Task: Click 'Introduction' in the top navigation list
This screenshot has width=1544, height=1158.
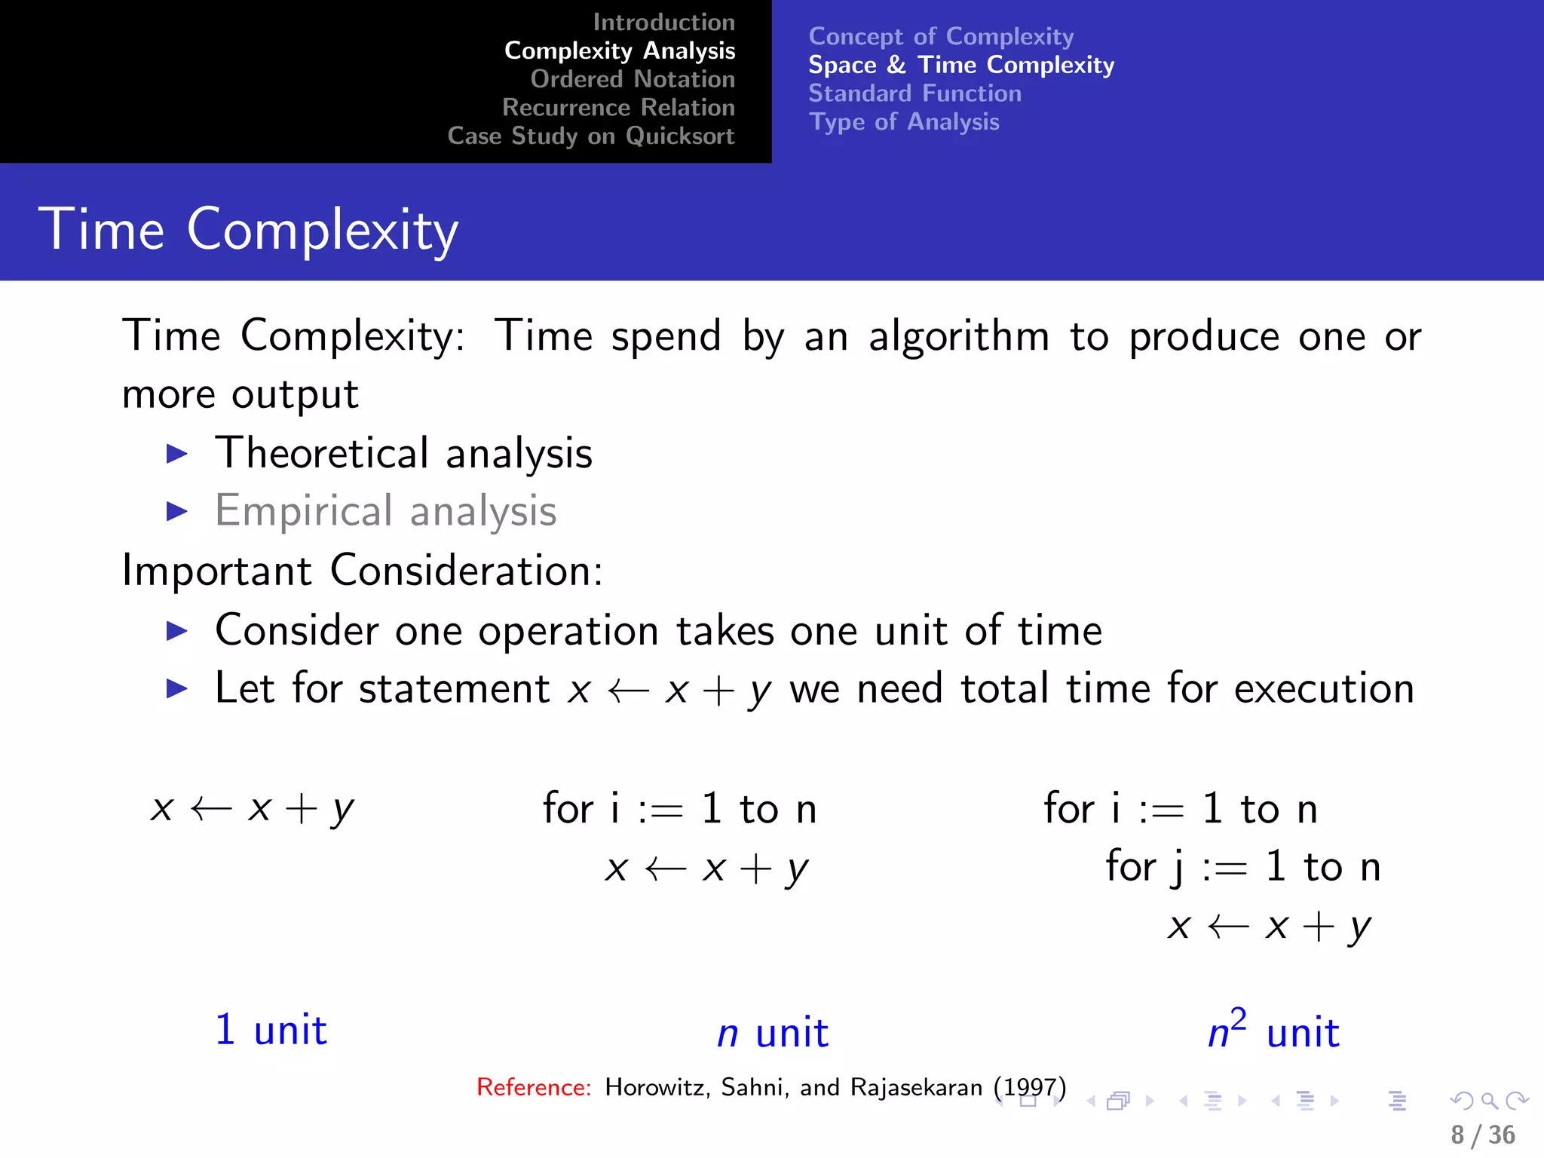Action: pyautogui.click(x=663, y=23)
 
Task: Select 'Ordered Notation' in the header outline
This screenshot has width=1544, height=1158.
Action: pyautogui.click(x=632, y=79)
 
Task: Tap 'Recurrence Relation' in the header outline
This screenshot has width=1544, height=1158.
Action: pyautogui.click(x=618, y=108)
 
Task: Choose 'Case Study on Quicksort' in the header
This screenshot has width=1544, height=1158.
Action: pyautogui.click(x=590, y=136)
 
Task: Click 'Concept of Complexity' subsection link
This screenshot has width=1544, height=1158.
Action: pyautogui.click(x=941, y=36)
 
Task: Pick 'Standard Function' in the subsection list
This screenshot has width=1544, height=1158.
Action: pyautogui.click(x=914, y=93)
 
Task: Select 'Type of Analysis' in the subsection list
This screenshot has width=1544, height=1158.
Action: pyautogui.click(x=904, y=122)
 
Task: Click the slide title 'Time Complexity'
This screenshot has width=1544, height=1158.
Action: pyautogui.click(x=248, y=229)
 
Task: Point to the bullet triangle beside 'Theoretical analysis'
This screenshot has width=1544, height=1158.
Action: pyautogui.click(x=176, y=453)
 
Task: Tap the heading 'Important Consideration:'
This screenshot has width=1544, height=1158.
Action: pyautogui.click(x=363, y=571)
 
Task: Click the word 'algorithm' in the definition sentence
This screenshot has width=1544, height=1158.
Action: pyautogui.click(x=958, y=336)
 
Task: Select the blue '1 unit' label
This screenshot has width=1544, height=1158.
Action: pyautogui.click(x=271, y=1030)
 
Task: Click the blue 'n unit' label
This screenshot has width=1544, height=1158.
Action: pyautogui.click(x=773, y=1033)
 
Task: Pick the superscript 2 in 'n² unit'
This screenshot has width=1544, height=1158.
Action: pyautogui.click(x=1238, y=1020)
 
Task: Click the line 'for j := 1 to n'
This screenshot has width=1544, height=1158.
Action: pyautogui.click(x=1242, y=866)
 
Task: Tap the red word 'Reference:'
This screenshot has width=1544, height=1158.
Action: pyautogui.click(x=534, y=1087)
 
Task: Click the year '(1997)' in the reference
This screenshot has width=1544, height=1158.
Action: pyautogui.click(x=1029, y=1087)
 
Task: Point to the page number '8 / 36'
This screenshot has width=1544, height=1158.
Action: pyautogui.click(x=1482, y=1135)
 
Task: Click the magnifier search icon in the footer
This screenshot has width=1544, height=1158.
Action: pyautogui.click(x=1489, y=1101)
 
